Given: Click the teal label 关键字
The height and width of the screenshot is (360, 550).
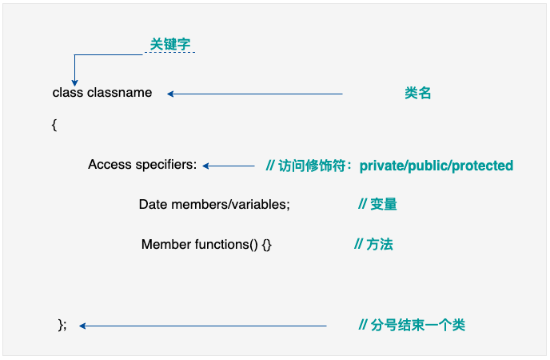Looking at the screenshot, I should point(169,45).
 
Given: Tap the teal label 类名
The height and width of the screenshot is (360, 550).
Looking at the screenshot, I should point(417,93).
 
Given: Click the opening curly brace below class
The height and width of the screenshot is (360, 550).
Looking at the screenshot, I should point(54,125).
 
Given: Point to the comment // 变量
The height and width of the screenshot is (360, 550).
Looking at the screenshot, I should point(377,204).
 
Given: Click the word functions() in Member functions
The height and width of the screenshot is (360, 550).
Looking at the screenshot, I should point(226,244).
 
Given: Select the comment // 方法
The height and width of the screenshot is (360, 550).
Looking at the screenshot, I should point(373,244).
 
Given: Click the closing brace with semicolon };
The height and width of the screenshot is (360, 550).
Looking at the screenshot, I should point(62,325).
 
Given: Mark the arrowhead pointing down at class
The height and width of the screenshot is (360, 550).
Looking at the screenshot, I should point(74,81).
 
